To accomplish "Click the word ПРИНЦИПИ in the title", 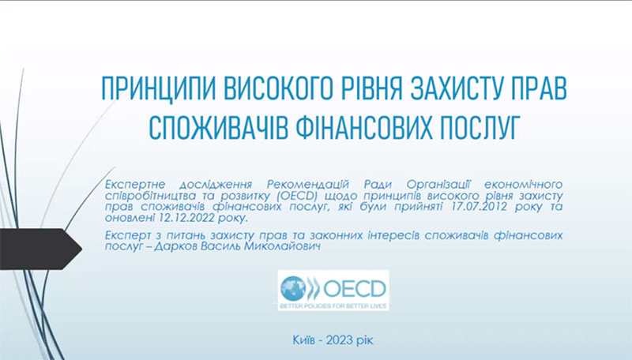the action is (159, 88).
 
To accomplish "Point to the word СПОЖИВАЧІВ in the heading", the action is (219, 128).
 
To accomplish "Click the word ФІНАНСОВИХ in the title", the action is (363, 128).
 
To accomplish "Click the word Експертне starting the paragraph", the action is (135, 185).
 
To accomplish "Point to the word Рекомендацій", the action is (308, 185).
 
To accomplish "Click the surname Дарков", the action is (175, 246).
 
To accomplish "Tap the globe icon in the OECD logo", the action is (293, 288).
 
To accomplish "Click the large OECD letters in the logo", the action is (354, 288).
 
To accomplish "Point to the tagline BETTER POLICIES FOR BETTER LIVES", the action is (333, 306).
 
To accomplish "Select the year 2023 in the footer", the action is (339, 340).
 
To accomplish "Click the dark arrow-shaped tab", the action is (40, 249).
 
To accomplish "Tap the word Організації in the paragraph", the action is (438, 185).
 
